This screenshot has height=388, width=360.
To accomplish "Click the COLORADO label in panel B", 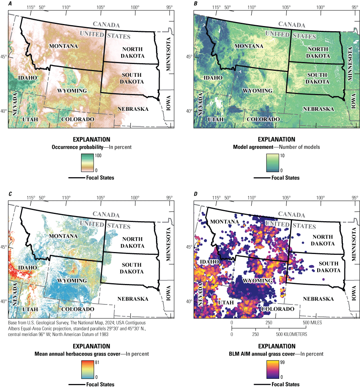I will (x=263, y=119).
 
